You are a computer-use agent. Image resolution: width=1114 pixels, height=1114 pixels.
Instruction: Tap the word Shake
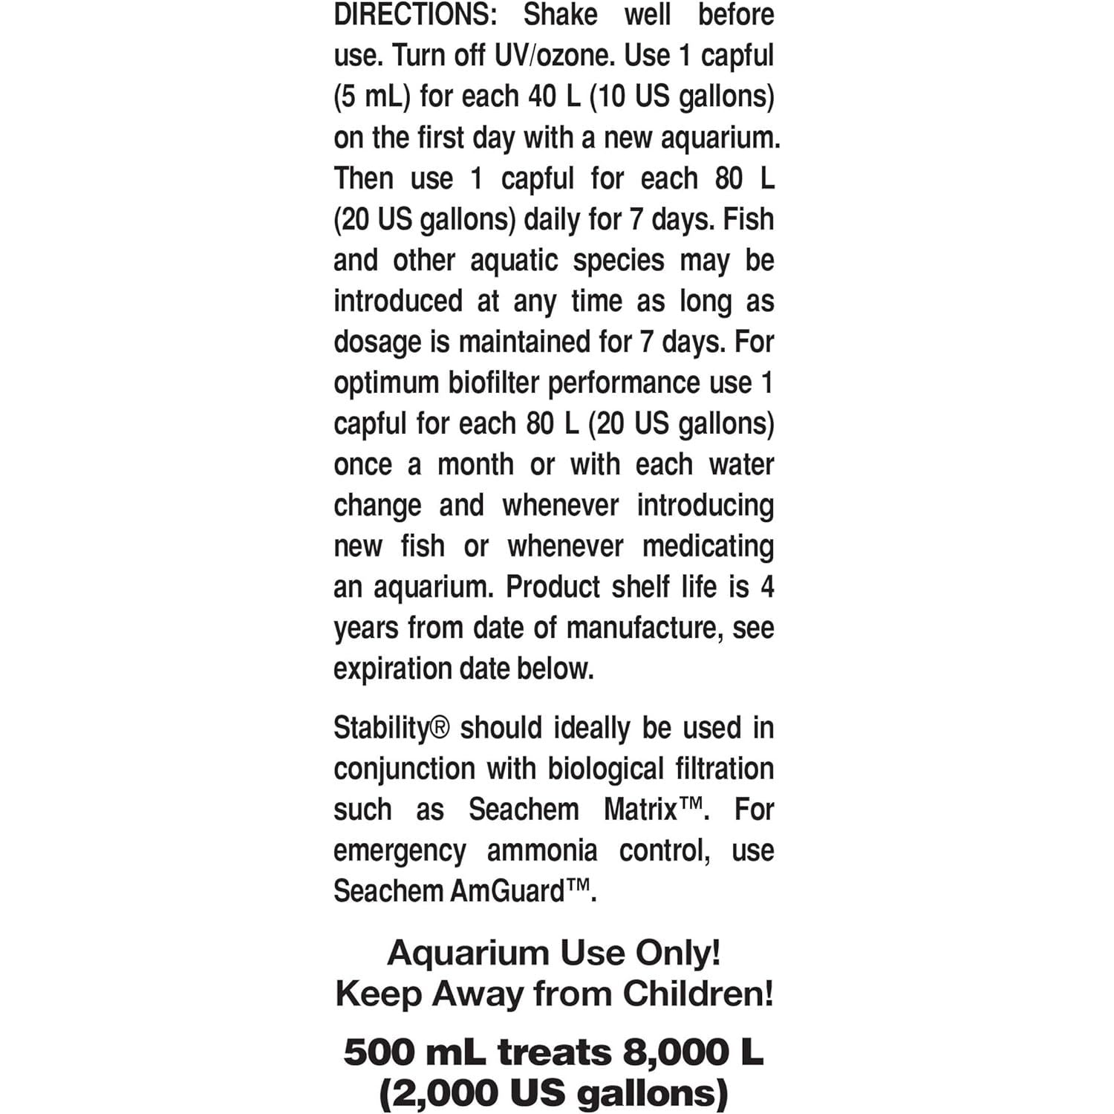pyautogui.click(x=560, y=15)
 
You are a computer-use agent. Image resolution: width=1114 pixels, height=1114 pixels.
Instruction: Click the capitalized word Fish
pyautogui.click(x=749, y=220)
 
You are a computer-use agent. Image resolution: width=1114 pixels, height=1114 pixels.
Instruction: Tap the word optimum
pyautogui.click(x=385, y=383)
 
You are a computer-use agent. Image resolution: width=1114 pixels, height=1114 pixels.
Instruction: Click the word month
pyautogui.click(x=475, y=465)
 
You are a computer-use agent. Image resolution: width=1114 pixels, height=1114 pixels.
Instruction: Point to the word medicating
pyautogui.click(x=708, y=547)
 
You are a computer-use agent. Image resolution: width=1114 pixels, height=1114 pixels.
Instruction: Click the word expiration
pyautogui.click(x=393, y=669)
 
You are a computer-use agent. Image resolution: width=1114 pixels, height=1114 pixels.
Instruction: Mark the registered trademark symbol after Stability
pyautogui.click(x=440, y=726)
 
